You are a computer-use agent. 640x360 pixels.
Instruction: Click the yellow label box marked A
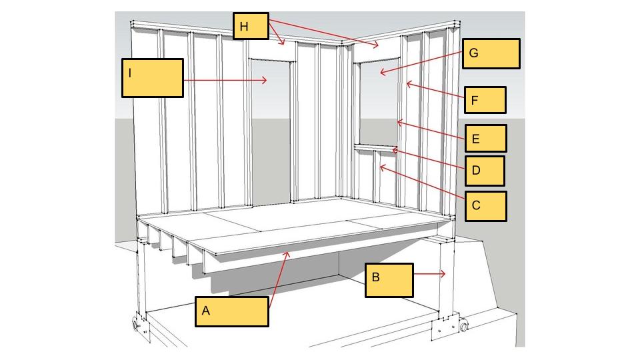tap(232, 311)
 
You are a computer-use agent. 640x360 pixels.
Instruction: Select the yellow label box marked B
tap(389, 279)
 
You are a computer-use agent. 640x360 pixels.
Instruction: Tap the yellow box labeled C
tap(484, 206)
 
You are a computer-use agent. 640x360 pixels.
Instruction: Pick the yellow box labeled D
tap(484, 171)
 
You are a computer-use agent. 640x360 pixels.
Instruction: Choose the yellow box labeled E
tap(485, 139)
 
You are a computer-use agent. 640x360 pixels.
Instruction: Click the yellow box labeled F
tap(485, 100)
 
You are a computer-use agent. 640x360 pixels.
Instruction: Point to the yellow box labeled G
tap(491, 53)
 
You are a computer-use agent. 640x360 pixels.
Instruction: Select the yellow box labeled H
tap(251, 27)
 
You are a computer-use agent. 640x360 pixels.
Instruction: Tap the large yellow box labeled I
tap(152, 78)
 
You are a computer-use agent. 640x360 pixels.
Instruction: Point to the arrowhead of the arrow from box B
tap(445, 273)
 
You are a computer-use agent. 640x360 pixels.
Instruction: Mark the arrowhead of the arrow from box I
tap(267, 80)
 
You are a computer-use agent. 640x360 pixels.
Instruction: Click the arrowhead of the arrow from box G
tap(379, 72)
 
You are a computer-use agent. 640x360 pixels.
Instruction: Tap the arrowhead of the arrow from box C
tap(379, 167)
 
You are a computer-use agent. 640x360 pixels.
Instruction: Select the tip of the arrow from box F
tap(407, 83)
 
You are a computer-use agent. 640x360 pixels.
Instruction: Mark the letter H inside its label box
tap(244, 27)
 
